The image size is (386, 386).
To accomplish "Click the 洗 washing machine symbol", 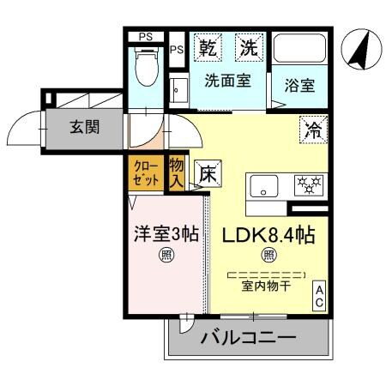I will click(248, 48).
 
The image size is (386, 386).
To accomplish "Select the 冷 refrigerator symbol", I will click(311, 130).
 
